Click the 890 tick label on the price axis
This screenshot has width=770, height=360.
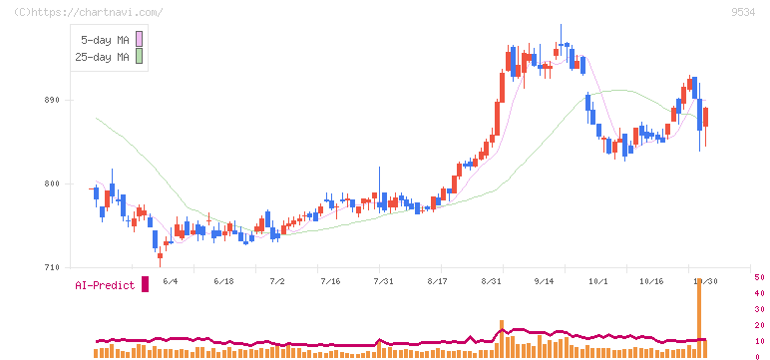(51, 100)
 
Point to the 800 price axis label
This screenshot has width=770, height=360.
(51, 184)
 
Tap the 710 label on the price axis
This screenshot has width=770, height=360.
(51, 267)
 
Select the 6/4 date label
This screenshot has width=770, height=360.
(170, 281)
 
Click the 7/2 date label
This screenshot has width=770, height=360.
(277, 281)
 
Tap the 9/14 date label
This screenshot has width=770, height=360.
(544, 281)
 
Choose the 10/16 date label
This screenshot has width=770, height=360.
(651, 281)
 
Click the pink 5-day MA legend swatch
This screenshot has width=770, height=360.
(139, 39)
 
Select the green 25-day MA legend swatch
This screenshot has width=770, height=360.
(139, 56)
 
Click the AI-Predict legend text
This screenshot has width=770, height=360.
(105, 285)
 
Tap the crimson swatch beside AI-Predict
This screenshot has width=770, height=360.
(145, 284)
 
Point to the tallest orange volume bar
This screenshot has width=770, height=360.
(699, 317)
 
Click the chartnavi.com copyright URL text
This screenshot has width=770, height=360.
(88, 12)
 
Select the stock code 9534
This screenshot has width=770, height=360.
(743, 12)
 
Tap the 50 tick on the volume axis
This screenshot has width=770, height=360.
(759, 277)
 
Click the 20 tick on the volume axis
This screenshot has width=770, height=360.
(759, 325)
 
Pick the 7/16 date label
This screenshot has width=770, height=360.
(330, 281)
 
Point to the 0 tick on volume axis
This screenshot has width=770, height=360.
(757, 357)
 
